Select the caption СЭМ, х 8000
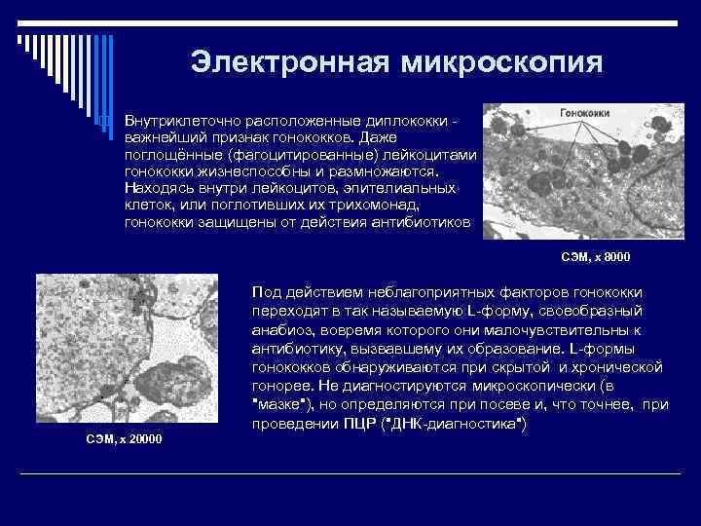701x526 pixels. click(x=596, y=256)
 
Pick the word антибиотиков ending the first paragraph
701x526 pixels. click(x=423, y=223)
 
